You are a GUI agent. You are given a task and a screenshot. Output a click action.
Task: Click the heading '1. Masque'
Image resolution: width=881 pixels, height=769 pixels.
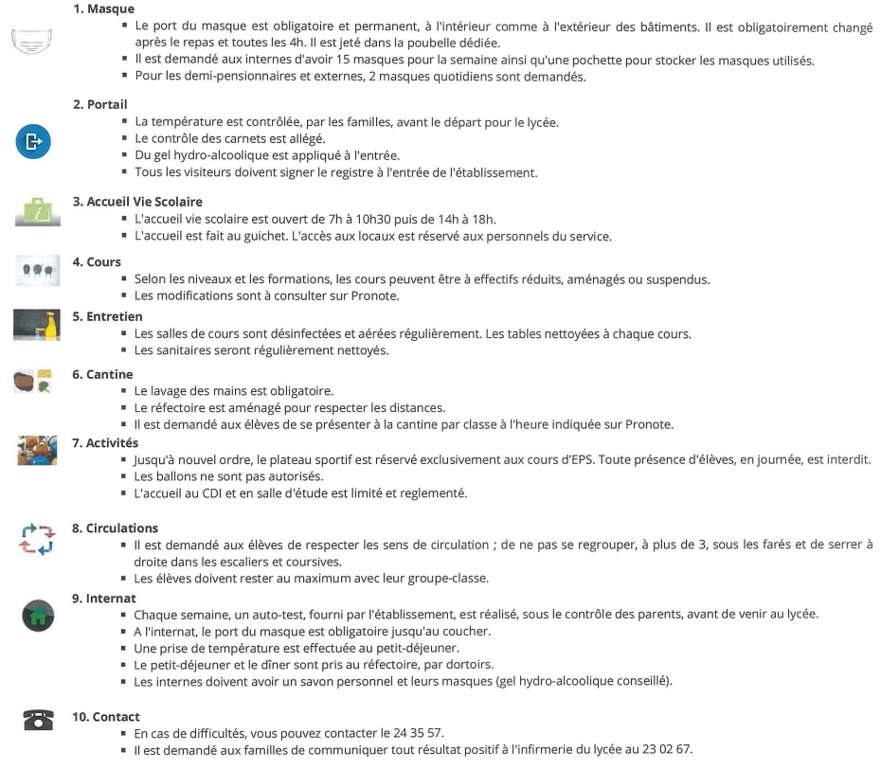[103, 9]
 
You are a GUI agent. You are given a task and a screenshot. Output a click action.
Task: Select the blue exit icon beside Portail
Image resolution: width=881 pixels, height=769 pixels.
[33, 142]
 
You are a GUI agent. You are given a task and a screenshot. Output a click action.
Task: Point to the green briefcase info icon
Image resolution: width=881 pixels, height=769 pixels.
[37, 210]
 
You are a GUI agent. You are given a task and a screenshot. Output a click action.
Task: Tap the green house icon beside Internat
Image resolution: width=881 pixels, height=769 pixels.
[38, 617]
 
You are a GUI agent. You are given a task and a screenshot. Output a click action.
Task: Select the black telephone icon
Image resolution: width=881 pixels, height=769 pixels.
[37, 720]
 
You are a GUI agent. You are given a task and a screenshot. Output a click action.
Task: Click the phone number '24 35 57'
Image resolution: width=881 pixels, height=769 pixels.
[418, 733]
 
